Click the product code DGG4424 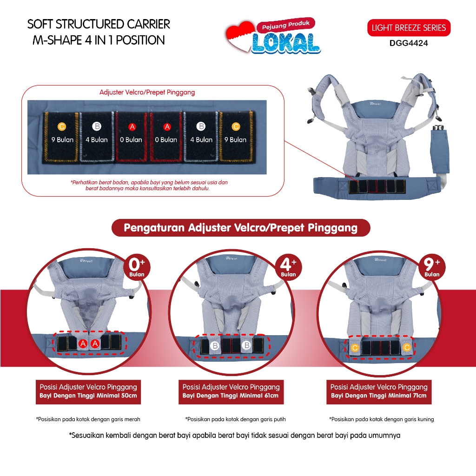[409, 43]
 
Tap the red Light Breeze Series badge [409, 28]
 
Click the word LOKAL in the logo [286, 43]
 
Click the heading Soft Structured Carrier [99, 24]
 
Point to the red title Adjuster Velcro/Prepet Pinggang [147, 93]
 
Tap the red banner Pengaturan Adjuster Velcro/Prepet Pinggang [241, 228]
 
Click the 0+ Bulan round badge [137, 267]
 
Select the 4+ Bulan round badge [288, 267]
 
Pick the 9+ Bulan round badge [432, 267]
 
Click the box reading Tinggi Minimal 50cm [88, 392]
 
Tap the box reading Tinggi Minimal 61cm [231, 392]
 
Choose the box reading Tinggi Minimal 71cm [379, 392]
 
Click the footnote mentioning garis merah [88, 419]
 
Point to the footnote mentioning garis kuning [382, 419]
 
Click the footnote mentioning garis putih [236, 419]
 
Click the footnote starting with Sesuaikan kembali [235, 435]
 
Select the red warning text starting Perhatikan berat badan [149, 185]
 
